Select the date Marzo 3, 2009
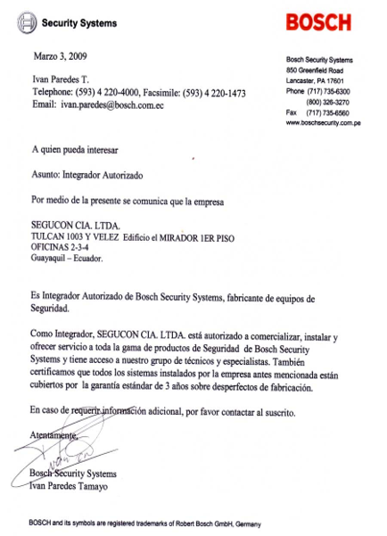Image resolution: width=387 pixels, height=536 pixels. click(60, 56)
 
